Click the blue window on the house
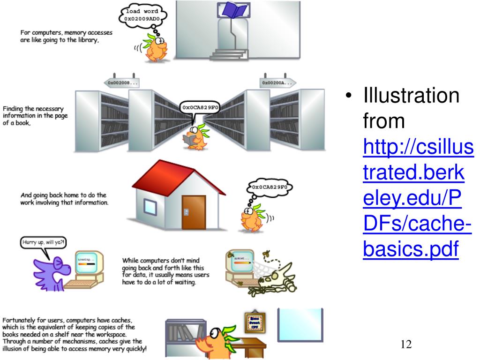click(x=150, y=206)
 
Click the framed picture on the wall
click(x=255, y=323)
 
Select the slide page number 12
click(x=406, y=345)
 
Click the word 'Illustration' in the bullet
click(x=411, y=96)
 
